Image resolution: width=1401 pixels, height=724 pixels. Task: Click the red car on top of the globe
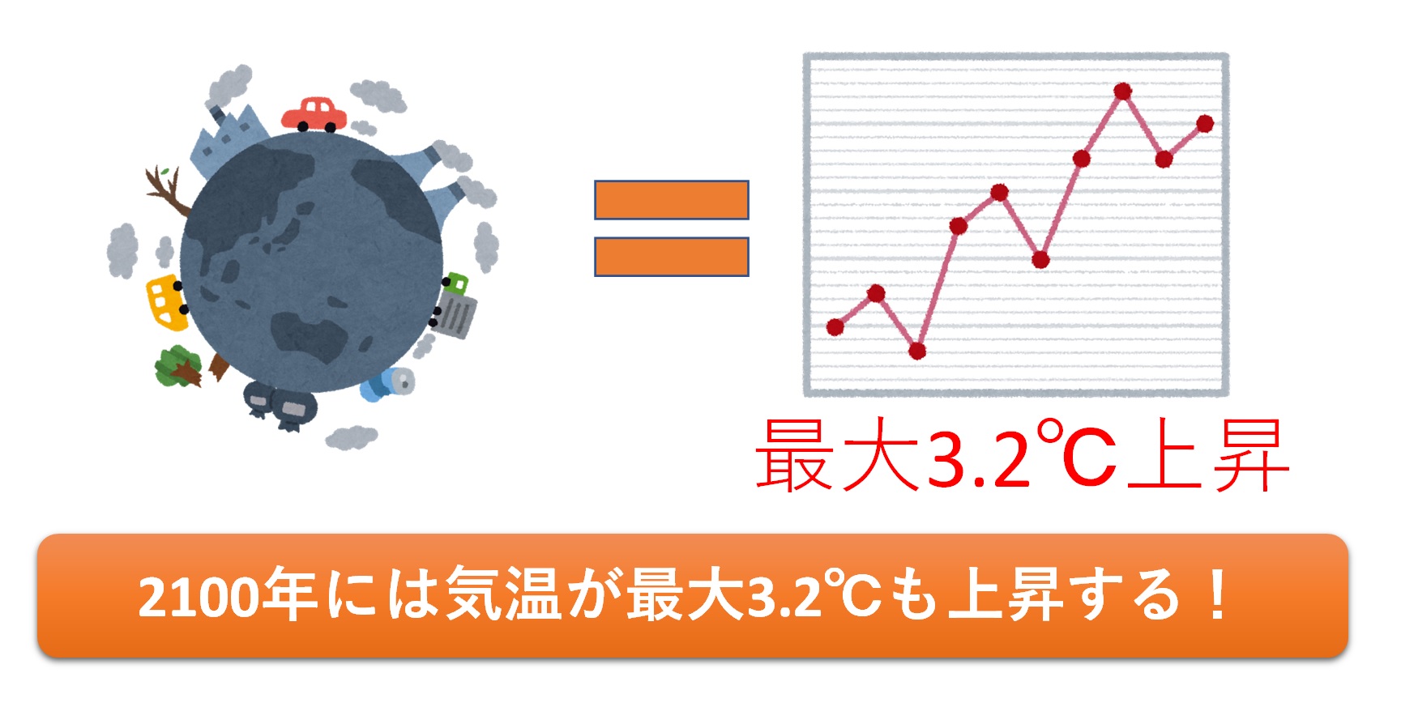point(314,114)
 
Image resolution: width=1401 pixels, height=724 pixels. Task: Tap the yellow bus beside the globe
point(167,302)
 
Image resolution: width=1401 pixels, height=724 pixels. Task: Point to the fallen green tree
point(179,367)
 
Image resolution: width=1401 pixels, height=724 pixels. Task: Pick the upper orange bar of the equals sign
point(671,200)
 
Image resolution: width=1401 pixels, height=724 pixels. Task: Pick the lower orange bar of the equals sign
point(671,257)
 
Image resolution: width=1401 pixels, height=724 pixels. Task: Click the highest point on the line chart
point(1122,92)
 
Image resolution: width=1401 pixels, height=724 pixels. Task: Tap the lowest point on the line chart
point(917,351)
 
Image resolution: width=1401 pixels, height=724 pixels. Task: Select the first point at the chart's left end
point(835,327)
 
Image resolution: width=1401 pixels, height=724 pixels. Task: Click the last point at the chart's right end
point(1205,124)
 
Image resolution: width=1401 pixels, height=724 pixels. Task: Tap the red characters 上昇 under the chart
point(1207,455)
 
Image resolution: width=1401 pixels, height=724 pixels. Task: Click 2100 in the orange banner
point(199,598)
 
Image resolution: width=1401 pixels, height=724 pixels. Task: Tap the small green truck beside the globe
point(455,283)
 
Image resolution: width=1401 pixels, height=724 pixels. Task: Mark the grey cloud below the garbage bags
point(351,437)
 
